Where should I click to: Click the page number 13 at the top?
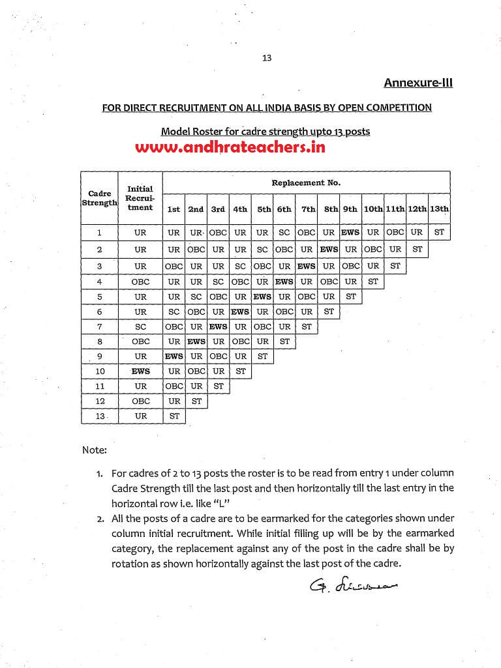coord(266,57)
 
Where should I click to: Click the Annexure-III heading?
coord(417,83)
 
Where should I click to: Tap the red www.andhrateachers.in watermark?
coord(230,147)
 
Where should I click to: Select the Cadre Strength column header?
coord(99,197)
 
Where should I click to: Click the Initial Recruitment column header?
coord(140,197)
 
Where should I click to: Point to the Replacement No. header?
coord(306,183)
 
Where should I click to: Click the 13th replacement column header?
coord(439,209)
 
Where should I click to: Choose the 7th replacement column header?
coord(307,209)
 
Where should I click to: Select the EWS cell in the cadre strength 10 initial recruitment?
coord(140,371)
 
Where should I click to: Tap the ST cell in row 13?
coord(174,416)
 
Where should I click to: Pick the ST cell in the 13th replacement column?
coord(439,232)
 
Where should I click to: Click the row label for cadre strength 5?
coord(99,297)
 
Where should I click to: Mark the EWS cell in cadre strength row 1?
coord(350,232)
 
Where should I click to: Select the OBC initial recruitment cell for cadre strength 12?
coord(140,401)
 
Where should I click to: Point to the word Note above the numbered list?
coord(94,450)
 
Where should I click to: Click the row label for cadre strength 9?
coord(99,356)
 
